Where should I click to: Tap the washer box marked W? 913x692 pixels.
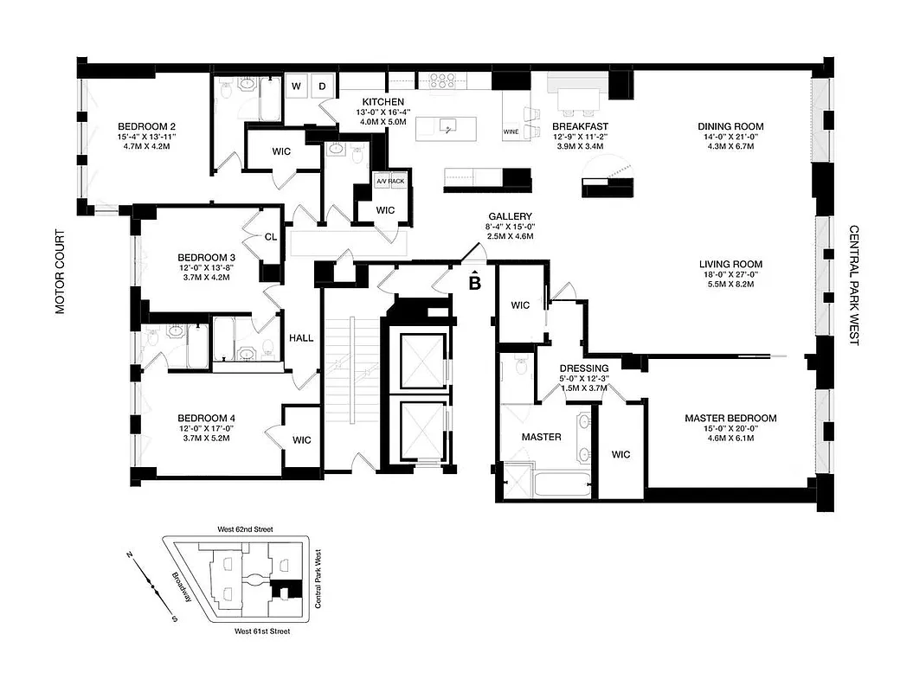[296, 86]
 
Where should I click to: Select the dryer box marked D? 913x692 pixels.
[321, 86]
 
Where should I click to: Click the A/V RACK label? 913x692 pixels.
[389, 181]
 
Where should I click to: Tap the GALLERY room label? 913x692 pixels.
[509, 216]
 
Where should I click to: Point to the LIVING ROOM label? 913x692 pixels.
[731, 265]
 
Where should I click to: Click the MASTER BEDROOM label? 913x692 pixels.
[730, 419]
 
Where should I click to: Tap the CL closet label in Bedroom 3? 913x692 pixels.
[270, 236]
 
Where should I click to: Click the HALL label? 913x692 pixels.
[301, 338]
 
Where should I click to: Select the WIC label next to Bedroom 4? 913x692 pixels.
[301, 440]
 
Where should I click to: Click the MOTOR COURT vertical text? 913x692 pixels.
[61, 272]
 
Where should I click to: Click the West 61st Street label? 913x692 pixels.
[262, 632]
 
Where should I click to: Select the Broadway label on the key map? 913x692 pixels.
[183, 591]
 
